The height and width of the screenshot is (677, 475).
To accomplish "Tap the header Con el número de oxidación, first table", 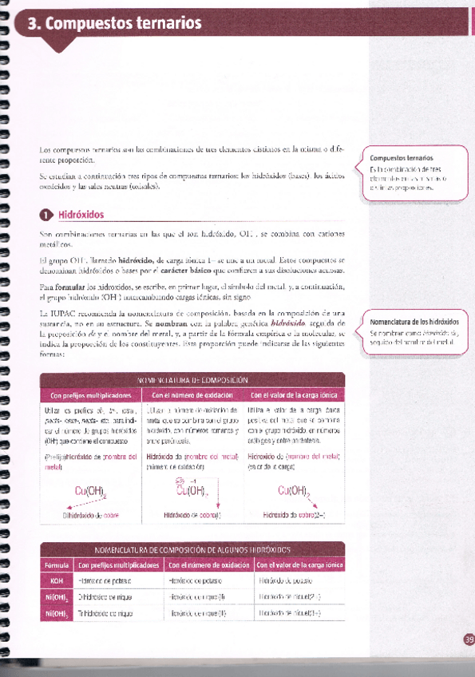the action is click(192, 395).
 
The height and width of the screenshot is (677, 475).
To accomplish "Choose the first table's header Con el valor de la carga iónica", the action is click(293, 395).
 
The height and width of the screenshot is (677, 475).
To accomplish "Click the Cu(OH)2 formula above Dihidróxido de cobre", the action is click(92, 490).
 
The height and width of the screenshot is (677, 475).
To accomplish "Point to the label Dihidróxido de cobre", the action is click(90, 515).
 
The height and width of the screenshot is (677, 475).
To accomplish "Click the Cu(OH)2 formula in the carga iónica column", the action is click(292, 490).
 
